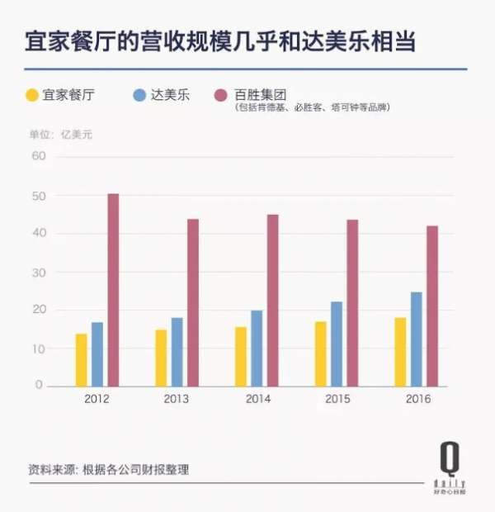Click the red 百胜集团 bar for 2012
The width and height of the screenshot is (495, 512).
(x=113, y=290)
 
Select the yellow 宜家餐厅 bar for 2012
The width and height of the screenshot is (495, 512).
(x=81, y=360)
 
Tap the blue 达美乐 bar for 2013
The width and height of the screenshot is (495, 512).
(x=177, y=352)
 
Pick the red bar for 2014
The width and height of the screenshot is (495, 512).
(x=272, y=301)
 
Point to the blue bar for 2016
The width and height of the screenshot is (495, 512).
(x=416, y=339)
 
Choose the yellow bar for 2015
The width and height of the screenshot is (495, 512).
(x=320, y=353)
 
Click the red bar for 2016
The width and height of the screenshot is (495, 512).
(x=431, y=306)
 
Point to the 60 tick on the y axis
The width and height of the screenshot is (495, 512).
(x=36, y=156)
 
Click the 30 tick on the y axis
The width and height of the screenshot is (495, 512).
(x=36, y=272)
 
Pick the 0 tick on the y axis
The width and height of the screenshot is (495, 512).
(x=39, y=386)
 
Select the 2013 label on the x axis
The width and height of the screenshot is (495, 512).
(x=177, y=399)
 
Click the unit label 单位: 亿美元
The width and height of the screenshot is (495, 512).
(x=60, y=135)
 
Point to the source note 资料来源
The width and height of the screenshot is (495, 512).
(x=108, y=469)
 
